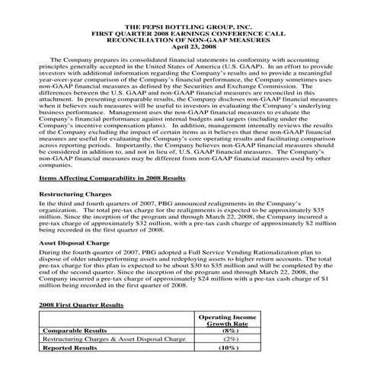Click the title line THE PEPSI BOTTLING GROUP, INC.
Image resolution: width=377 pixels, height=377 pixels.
tap(187, 27)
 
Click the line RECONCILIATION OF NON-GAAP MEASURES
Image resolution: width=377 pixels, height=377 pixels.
tap(187, 39)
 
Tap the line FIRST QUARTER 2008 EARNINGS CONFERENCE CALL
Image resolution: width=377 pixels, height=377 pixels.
tap(187, 33)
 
